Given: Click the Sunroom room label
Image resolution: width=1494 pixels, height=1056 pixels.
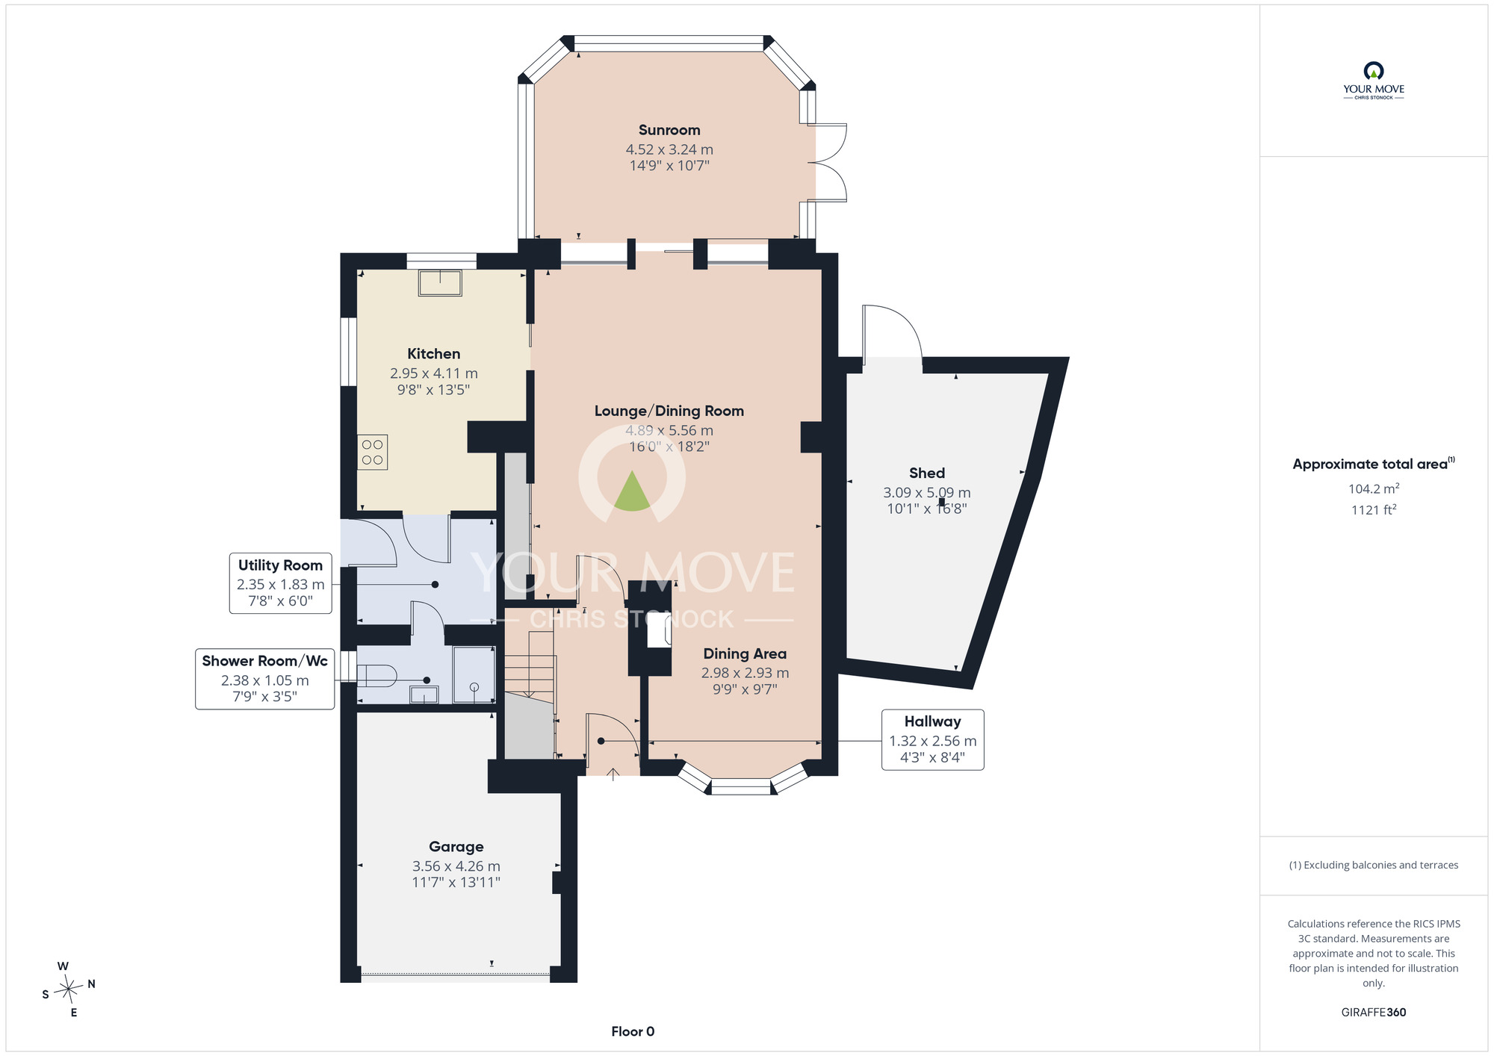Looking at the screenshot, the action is point(669,130).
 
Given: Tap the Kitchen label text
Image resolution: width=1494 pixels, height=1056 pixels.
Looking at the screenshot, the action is point(433,354).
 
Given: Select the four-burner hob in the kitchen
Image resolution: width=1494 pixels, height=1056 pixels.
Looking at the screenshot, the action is point(372,452).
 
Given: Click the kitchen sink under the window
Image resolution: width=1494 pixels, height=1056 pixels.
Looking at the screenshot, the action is point(440,283).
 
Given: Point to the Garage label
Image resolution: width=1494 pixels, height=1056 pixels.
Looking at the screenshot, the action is point(456,847).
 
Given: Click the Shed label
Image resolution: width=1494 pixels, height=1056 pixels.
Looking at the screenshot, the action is point(927,473).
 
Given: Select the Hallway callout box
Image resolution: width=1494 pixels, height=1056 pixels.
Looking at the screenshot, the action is point(932,739).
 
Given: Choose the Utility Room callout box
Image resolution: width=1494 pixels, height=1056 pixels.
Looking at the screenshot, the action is point(280,583).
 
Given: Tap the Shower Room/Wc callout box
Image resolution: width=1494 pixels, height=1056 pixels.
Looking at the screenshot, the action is point(264,679).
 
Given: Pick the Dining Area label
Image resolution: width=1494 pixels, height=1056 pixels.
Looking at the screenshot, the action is point(745,653).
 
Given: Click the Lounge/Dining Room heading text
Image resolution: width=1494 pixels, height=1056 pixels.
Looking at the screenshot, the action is point(669,411).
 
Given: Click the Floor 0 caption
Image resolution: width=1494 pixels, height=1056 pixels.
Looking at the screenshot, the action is point(633,1031).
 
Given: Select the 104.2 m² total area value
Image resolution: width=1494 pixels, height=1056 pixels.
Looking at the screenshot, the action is point(1374,488).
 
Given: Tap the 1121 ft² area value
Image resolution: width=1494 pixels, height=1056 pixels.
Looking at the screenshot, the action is point(1374,509).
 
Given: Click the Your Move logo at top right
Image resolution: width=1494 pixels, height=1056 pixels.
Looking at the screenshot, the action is point(1374,81).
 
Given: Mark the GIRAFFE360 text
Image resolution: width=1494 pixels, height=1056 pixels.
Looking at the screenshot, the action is point(1374,1013).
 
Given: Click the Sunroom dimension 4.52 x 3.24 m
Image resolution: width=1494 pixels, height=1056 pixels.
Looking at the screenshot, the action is point(669,149).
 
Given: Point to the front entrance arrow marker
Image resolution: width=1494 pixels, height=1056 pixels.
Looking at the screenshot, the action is point(613,774).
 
